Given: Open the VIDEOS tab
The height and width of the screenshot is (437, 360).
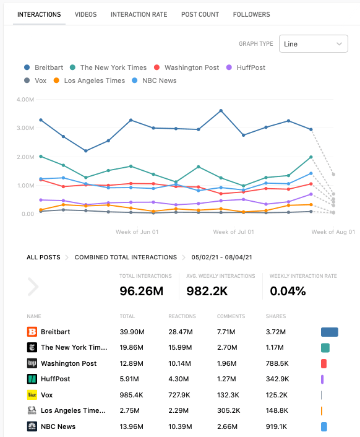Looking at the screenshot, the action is pos(85,14).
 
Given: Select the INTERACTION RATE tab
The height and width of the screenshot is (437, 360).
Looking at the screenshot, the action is pos(139,14).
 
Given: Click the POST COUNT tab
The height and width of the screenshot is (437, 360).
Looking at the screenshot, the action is pos(200,14).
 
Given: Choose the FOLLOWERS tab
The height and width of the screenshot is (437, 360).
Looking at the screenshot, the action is pos(251,14).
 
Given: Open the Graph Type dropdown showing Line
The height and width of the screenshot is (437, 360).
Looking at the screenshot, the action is pos(314,44).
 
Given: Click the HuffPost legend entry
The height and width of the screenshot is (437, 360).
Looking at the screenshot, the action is pos(246,67).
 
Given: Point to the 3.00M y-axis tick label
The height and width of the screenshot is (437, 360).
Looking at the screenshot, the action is pos(25,128).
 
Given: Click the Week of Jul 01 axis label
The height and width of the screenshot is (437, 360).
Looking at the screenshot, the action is pos(234,232).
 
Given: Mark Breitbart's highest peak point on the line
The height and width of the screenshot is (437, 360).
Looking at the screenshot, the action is pos(221,111).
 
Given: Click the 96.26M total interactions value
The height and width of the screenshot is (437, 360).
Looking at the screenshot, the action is pos(142,292).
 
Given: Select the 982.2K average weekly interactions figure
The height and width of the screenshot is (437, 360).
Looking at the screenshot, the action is pos(207,292).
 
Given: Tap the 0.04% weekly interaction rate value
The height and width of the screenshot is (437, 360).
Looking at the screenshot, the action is pos(288,292).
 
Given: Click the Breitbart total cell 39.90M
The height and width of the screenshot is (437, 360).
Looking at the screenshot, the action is pos(132,332).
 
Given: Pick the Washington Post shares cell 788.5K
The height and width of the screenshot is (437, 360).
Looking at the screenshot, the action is pos(277,363).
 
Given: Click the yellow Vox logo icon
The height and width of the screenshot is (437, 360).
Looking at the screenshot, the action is pos(32,395).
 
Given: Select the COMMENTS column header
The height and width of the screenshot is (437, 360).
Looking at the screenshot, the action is pos(231,316).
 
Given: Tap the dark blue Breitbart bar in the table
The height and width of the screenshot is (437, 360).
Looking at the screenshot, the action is pos(330,332).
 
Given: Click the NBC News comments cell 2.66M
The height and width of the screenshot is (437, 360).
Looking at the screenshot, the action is pos(227,426).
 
